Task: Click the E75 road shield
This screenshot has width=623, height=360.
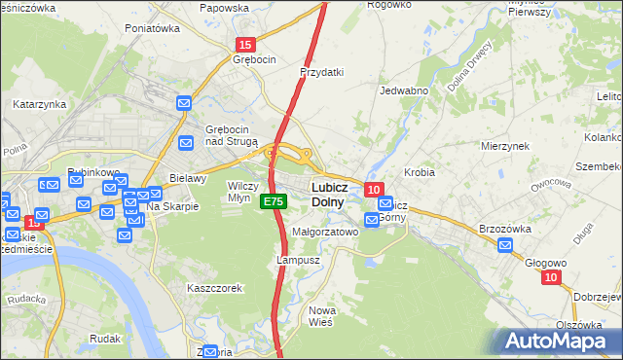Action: [274, 201]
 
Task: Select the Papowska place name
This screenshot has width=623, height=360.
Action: [224, 8]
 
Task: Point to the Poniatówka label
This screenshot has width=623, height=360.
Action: [153, 28]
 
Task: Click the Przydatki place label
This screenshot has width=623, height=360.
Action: [322, 72]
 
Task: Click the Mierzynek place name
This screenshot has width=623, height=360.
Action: [504, 145]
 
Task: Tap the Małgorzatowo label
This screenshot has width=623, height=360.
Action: [326, 233]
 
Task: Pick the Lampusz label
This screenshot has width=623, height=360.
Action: [298, 261]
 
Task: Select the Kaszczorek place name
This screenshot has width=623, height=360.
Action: [214, 288]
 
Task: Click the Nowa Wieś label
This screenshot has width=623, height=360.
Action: [322, 316]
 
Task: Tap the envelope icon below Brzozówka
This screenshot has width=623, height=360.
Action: [505, 245]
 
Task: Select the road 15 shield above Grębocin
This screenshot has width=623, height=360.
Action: [246, 45]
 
